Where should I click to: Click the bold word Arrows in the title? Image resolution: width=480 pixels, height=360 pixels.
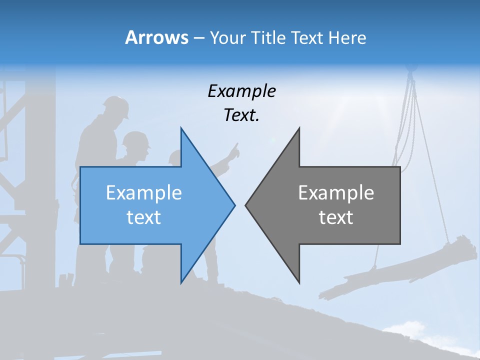156,37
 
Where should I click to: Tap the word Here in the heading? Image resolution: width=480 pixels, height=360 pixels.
347,37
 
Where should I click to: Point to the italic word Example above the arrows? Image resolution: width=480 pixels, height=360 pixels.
241,91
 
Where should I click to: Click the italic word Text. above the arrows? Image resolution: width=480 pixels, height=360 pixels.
241,115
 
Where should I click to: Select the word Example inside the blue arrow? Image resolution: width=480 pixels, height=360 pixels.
144,192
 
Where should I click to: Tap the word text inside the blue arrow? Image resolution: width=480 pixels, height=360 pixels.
144,217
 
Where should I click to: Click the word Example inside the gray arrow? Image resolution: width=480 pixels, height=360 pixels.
336,192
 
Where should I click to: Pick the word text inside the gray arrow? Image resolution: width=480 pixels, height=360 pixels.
336,217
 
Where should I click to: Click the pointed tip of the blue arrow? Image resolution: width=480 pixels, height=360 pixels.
234,205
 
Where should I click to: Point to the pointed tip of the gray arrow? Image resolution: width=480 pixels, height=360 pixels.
246,205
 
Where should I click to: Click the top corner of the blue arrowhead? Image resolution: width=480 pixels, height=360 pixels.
181,129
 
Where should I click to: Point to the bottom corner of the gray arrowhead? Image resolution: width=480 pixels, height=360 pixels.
299,282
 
